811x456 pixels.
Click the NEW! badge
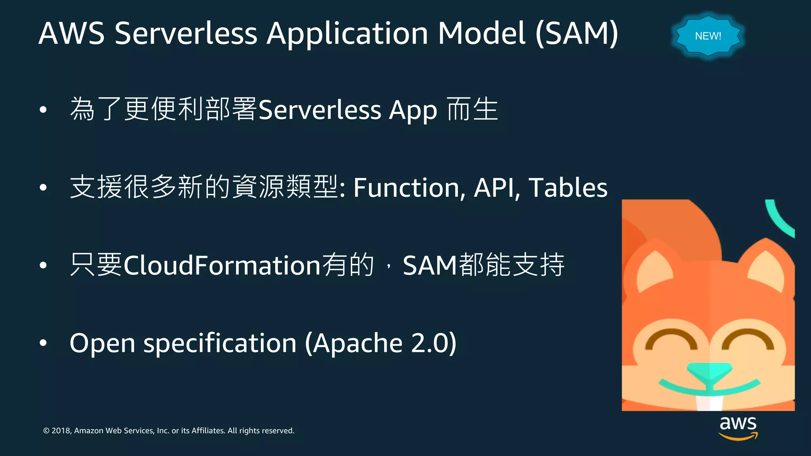point(708,36)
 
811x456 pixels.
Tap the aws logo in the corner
point(738,427)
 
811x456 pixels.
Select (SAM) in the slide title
point(577,33)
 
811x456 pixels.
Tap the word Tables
point(568,188)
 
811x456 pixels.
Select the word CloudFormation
point(222,265)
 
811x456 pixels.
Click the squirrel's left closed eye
point(671,340)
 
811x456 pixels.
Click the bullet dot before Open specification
point(43,343)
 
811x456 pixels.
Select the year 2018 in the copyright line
point(61,431)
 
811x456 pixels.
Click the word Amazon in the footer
point(89,431)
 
